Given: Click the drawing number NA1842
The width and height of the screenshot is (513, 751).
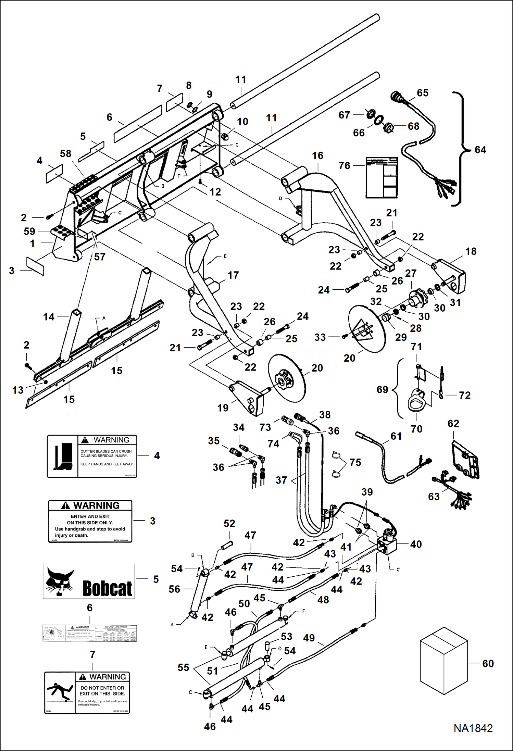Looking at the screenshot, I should click(473, 728).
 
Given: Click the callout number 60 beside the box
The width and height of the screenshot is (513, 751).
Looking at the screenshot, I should click(488, 663).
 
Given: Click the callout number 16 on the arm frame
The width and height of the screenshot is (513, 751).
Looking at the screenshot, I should click(317, 155).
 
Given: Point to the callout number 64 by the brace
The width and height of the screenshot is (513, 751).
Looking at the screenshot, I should click(480, 150).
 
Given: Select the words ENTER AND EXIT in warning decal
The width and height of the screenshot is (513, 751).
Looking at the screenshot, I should click(90, 516).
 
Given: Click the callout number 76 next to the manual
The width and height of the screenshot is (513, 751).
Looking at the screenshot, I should click(344, 166).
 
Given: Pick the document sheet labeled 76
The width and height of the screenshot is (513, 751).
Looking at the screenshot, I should click(381, 177).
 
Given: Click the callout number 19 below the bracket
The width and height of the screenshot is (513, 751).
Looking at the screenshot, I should click(223, 408).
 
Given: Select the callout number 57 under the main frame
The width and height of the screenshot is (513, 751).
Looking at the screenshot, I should click(100, 257).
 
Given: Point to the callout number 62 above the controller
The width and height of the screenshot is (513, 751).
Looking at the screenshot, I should click(453, 424).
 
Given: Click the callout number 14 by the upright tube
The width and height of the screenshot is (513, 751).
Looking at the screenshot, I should click(49, 317).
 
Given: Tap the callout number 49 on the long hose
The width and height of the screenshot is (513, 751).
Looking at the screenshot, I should click(309, 638).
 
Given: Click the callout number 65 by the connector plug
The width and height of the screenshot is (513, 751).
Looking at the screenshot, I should click(423, 93).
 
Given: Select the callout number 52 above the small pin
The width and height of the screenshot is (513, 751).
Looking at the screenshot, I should click(229, 523).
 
